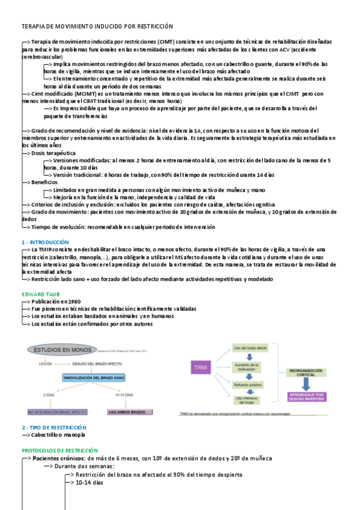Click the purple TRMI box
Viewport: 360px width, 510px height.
click(x=199, y=367)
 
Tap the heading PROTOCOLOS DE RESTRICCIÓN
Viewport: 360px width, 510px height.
click(x=59, y=450)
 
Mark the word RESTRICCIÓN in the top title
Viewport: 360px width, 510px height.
click(x=153, y=26)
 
